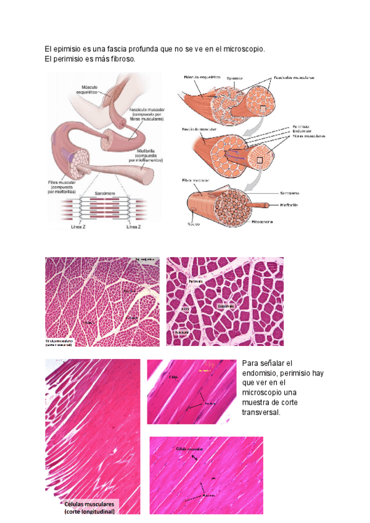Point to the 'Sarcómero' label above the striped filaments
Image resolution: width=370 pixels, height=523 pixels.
pyautogui.click(x=107, y=194)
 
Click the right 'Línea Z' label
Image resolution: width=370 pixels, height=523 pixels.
pyautogui.click(x=136, y=226)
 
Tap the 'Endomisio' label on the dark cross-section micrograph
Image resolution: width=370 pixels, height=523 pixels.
pyautogui.click(x=226, y=305)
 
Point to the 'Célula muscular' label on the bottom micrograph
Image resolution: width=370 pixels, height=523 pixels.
pyautogui.click(x=189, y=449)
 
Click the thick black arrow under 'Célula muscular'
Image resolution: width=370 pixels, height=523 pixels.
pyautogui.click(x=195, y=458)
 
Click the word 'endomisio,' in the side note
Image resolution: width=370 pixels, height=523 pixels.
pyautogui.click(x=260, y=373)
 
